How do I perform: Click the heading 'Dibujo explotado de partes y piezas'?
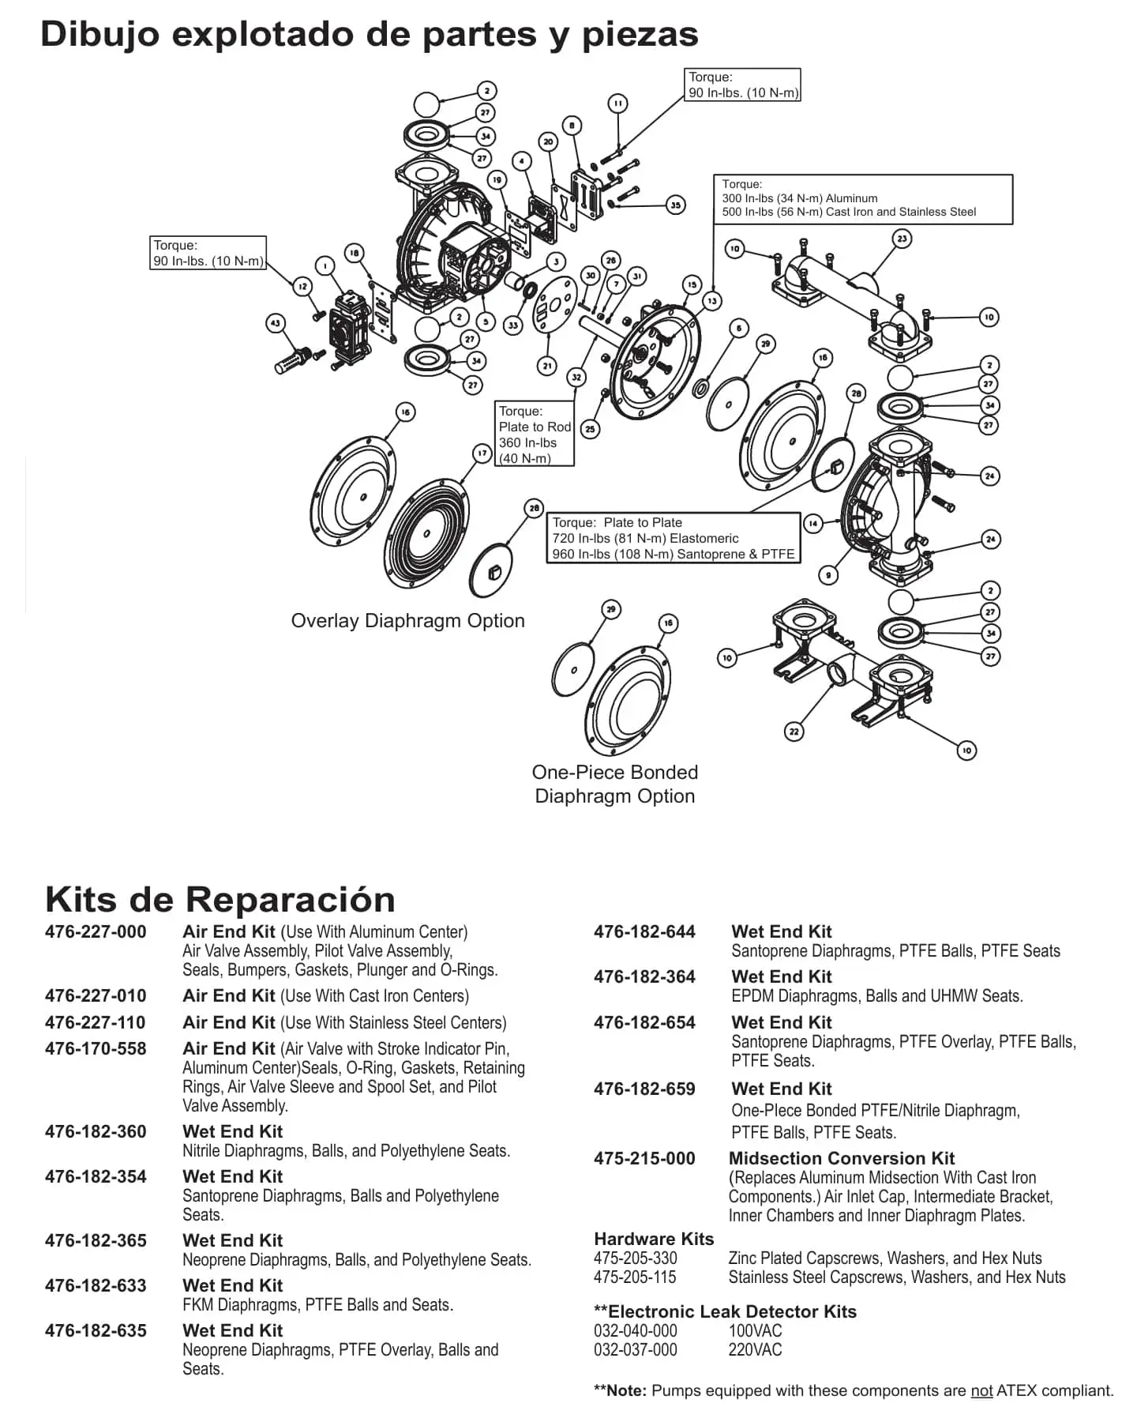coord(369,35)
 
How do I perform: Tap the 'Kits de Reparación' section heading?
coord(220,899)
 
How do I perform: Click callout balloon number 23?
coord(902,238)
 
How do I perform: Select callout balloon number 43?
coord(275,322)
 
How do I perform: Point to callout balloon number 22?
coord(794,732)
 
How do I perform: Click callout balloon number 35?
coord(675,205)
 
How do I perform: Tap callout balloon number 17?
coord(482,453)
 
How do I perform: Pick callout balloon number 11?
coord(617,103)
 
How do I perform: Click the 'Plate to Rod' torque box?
coord(535,434)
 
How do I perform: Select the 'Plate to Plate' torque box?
coord(673,538)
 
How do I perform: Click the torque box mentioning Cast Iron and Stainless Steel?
coord(862,199)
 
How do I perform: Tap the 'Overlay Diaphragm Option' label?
coord(407,621)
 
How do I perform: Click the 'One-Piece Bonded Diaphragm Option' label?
coord(615,784)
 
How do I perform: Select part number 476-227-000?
coord(96,932)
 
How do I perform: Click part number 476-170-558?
coord(96,1049)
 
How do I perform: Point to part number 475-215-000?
coord(644,1159)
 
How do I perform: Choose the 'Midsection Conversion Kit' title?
coord(842,1159)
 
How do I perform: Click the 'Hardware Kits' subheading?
coord(654,1240)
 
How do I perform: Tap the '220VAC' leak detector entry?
coord(755,1350)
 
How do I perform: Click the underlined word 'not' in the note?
coord(981,1391)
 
